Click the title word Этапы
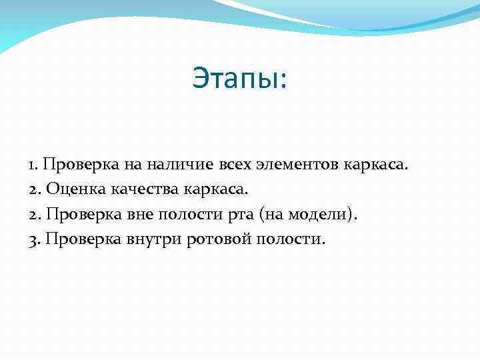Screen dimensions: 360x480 237,78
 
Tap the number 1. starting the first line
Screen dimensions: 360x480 35,164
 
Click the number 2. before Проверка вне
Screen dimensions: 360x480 35,214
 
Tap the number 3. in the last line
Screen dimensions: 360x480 35,239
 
